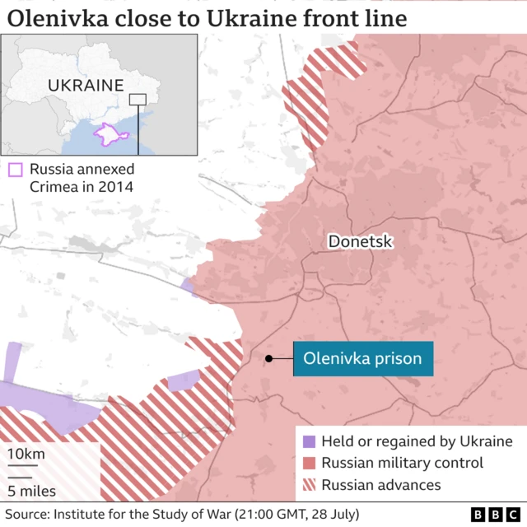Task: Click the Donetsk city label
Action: tap(360, 242)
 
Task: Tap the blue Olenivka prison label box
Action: tap(362, 359)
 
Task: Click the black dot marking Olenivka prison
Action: tap(268, 358)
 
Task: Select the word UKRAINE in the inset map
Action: tap(86, 85)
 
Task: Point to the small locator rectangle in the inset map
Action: tap(138, 100)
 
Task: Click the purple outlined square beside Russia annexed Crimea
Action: tap(15, 170)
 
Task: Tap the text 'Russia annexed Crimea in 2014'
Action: tap(81, 178)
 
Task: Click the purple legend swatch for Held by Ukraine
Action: tap(309, 442)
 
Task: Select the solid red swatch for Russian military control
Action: tap(309, 464)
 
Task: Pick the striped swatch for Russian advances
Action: tap(309, 485)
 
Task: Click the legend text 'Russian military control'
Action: tap(402, 464)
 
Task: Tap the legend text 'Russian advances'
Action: tap(380, 485)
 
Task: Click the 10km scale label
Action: tap(26, 455)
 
